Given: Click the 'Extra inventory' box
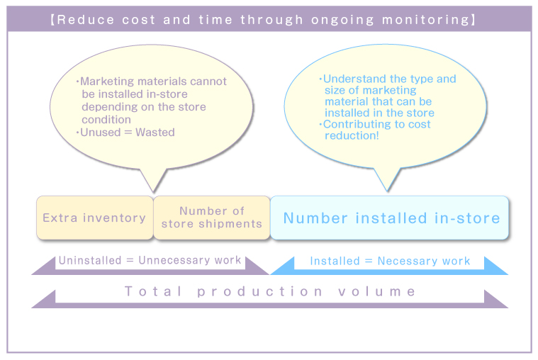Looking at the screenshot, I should (94, 218).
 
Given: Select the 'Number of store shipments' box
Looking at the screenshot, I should (211, 218).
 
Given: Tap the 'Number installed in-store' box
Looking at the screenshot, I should (391, 218).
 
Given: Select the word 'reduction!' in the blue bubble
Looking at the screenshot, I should (352, 135).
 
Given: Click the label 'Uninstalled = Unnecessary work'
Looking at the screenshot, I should (150, 260).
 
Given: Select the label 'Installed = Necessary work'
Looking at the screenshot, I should (390, 261).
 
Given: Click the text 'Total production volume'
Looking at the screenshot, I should (270, 291).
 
